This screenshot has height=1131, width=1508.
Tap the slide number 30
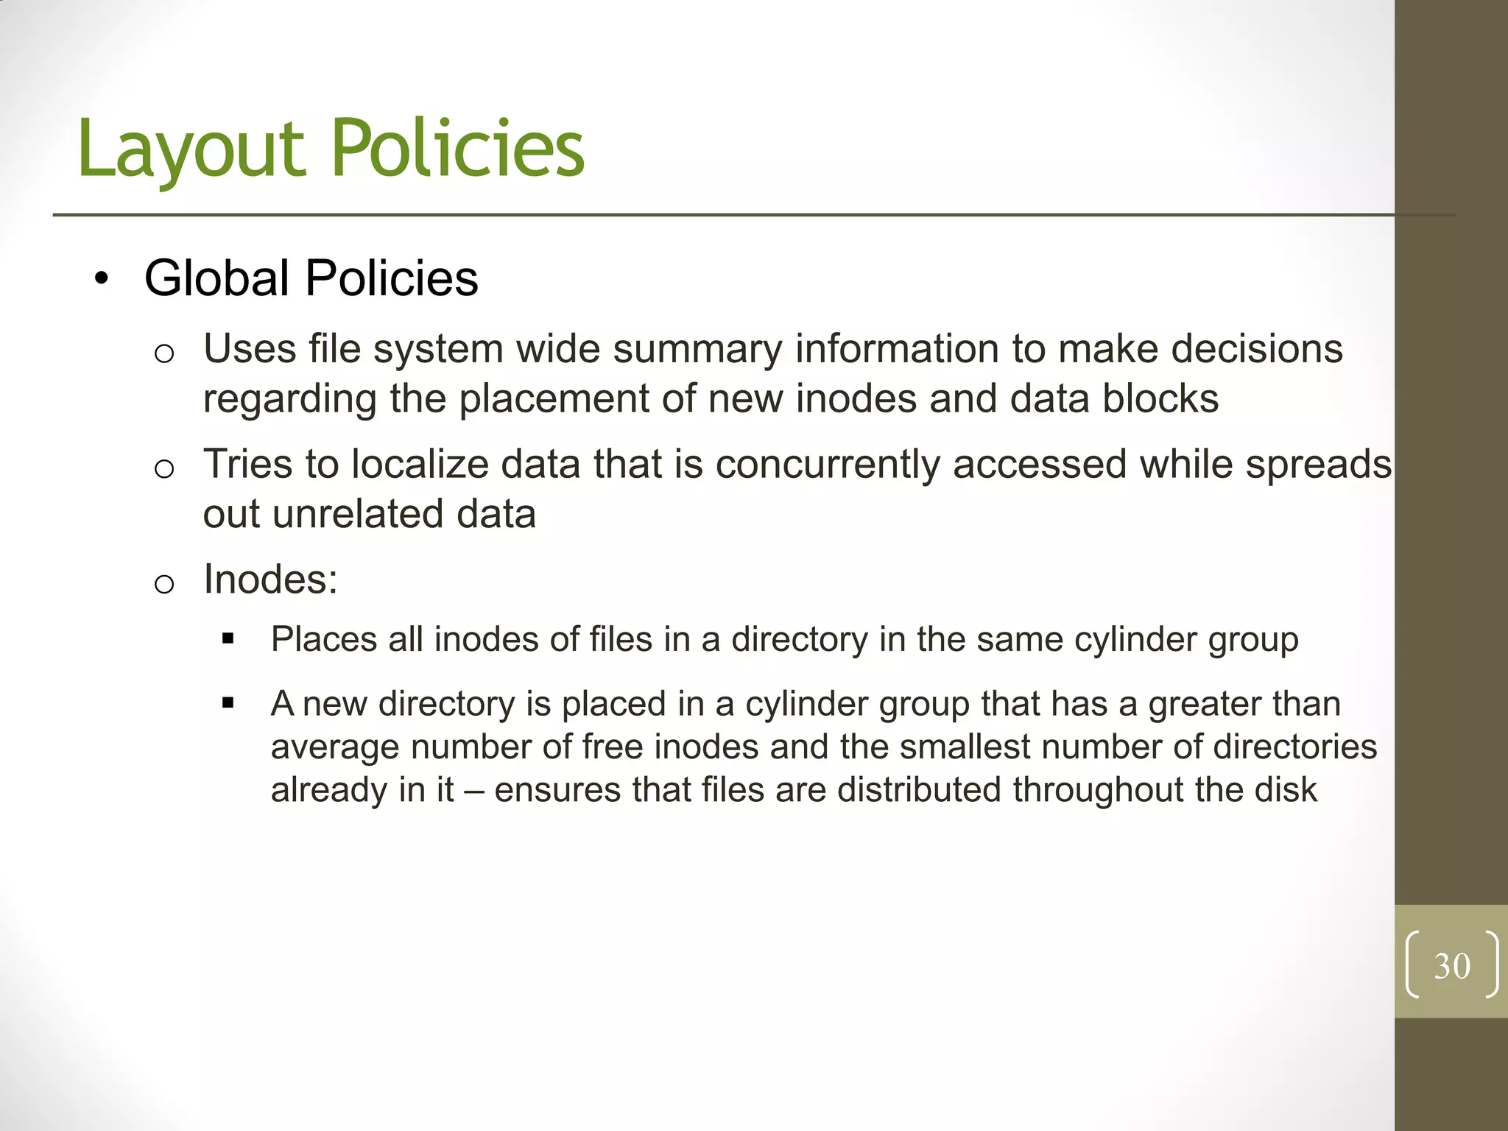click(1451, 966)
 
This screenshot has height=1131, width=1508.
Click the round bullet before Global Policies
click(102, 280)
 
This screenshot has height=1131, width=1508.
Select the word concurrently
click(827, 465)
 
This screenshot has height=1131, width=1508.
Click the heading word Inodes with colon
click(270, 579)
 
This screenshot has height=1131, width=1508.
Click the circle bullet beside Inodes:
click(164, 584)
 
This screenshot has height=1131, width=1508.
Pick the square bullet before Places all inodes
click(228, 639)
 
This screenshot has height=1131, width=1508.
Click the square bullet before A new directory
click(228, 703)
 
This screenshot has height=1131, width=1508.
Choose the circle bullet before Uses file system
click(164, 354)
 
